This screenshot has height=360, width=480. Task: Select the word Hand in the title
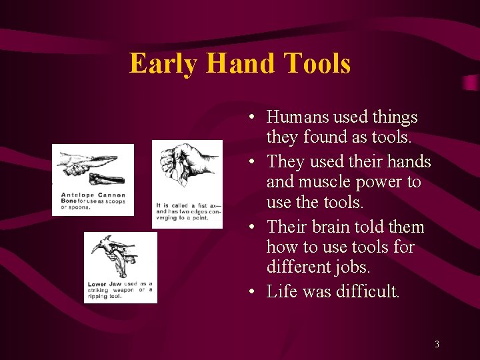tap(241, 64)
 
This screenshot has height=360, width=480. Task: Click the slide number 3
tap(437, 345)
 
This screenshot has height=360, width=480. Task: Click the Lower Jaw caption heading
tap(106, 284)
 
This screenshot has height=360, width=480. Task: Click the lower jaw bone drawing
tap(116, 257)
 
